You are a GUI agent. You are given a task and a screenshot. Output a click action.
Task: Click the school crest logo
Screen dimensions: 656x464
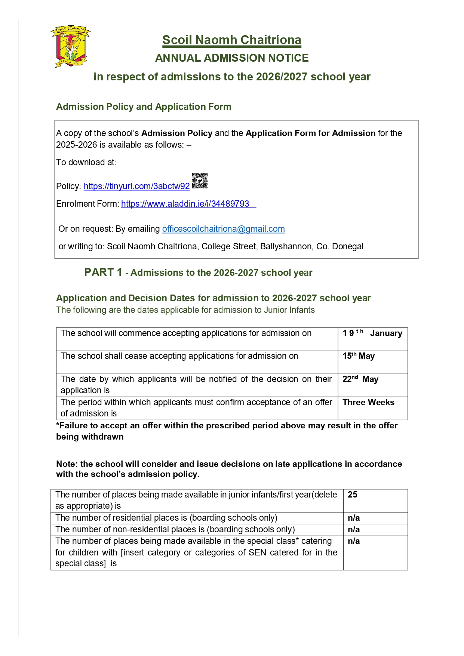pos(71,46)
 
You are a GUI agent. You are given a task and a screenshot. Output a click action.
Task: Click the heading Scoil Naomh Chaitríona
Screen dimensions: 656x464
pos(231,40)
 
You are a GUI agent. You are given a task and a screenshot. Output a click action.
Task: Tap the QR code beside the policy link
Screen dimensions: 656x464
pos(200,181)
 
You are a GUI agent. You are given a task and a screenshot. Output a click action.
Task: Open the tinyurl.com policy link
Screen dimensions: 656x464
pos(136,186)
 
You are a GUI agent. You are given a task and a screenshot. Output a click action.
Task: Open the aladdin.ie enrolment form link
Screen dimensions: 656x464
pos(185,204)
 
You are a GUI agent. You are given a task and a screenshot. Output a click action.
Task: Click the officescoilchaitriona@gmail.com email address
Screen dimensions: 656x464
pos(223,229)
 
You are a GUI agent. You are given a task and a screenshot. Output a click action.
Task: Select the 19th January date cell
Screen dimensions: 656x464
pos(372,333)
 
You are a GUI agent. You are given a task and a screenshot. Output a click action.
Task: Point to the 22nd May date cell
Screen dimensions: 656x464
pos(360,379)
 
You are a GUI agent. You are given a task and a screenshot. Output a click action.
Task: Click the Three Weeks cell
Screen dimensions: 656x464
pos(368,403)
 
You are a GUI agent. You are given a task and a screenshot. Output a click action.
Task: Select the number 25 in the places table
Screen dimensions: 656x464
pos(352,495)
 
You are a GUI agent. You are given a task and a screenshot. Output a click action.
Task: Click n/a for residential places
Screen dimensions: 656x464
pos(353,518)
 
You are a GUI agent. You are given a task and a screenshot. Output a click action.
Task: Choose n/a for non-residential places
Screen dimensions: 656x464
pos(353,530)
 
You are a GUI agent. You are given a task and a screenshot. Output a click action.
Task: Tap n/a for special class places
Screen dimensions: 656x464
pos(353,541)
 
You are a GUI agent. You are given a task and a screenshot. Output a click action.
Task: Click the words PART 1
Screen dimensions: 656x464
pos(103,272)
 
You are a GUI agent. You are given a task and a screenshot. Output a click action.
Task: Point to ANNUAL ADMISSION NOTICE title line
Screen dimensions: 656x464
pos(232,58)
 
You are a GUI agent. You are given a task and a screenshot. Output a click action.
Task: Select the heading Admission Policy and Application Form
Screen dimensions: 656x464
pos(144,107)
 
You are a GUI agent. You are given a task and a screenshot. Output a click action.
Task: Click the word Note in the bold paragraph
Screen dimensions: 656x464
pos(66,464)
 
